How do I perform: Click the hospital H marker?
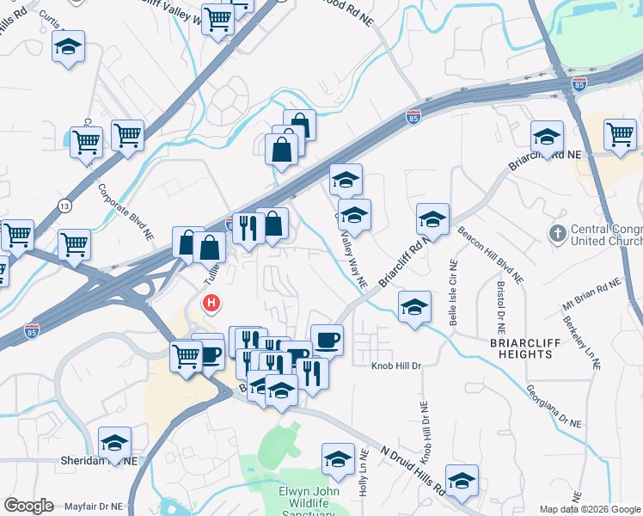point(210,304)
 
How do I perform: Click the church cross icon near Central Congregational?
point(558,233)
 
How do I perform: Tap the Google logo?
point(28,506)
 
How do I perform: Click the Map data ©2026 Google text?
point(589,509)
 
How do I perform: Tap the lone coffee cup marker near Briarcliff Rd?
point(326,340)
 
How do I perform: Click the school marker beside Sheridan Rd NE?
point(114,443)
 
